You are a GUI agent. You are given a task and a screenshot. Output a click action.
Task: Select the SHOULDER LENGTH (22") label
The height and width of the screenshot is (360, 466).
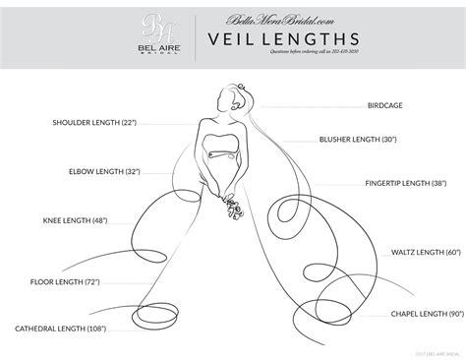tap(95, 124)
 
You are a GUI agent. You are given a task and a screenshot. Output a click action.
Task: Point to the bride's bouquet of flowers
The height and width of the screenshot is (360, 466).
tap(233, 208)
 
